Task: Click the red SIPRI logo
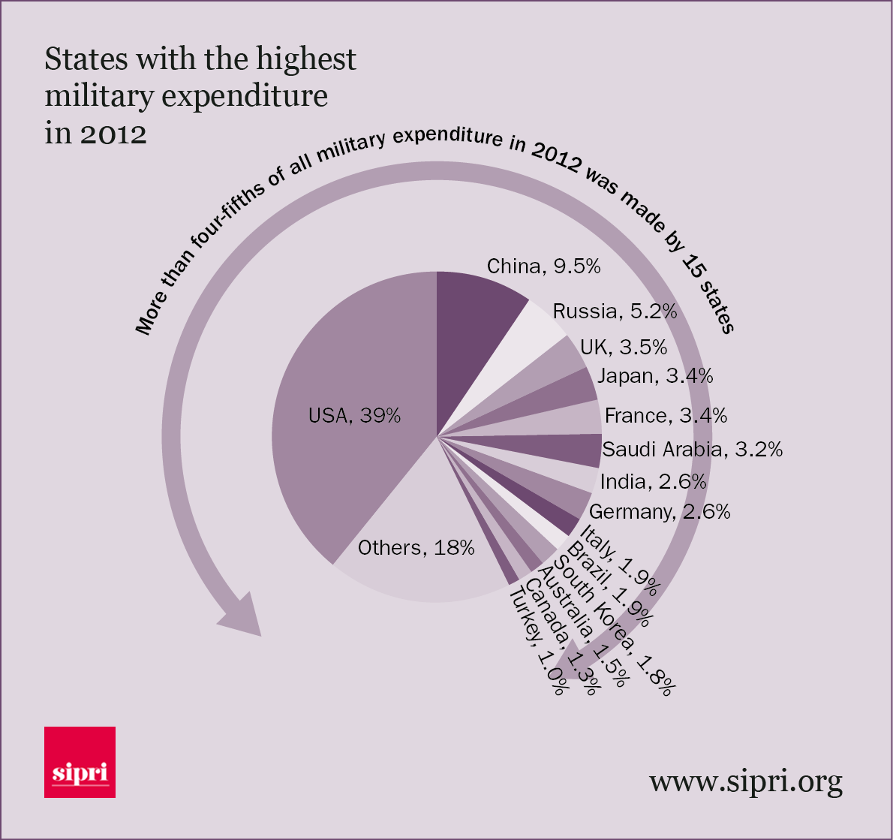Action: [80, 761]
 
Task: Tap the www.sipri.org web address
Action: [745, 781]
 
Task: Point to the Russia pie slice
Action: [525, 338]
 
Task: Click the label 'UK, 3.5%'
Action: [624, 347]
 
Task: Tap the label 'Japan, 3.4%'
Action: [654, 375]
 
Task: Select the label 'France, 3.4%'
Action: [666, 415]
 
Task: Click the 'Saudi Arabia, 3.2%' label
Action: [692, 449]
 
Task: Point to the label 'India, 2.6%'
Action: [653, 481]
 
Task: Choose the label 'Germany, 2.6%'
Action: [660, 512]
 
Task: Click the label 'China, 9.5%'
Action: [543, 266]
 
